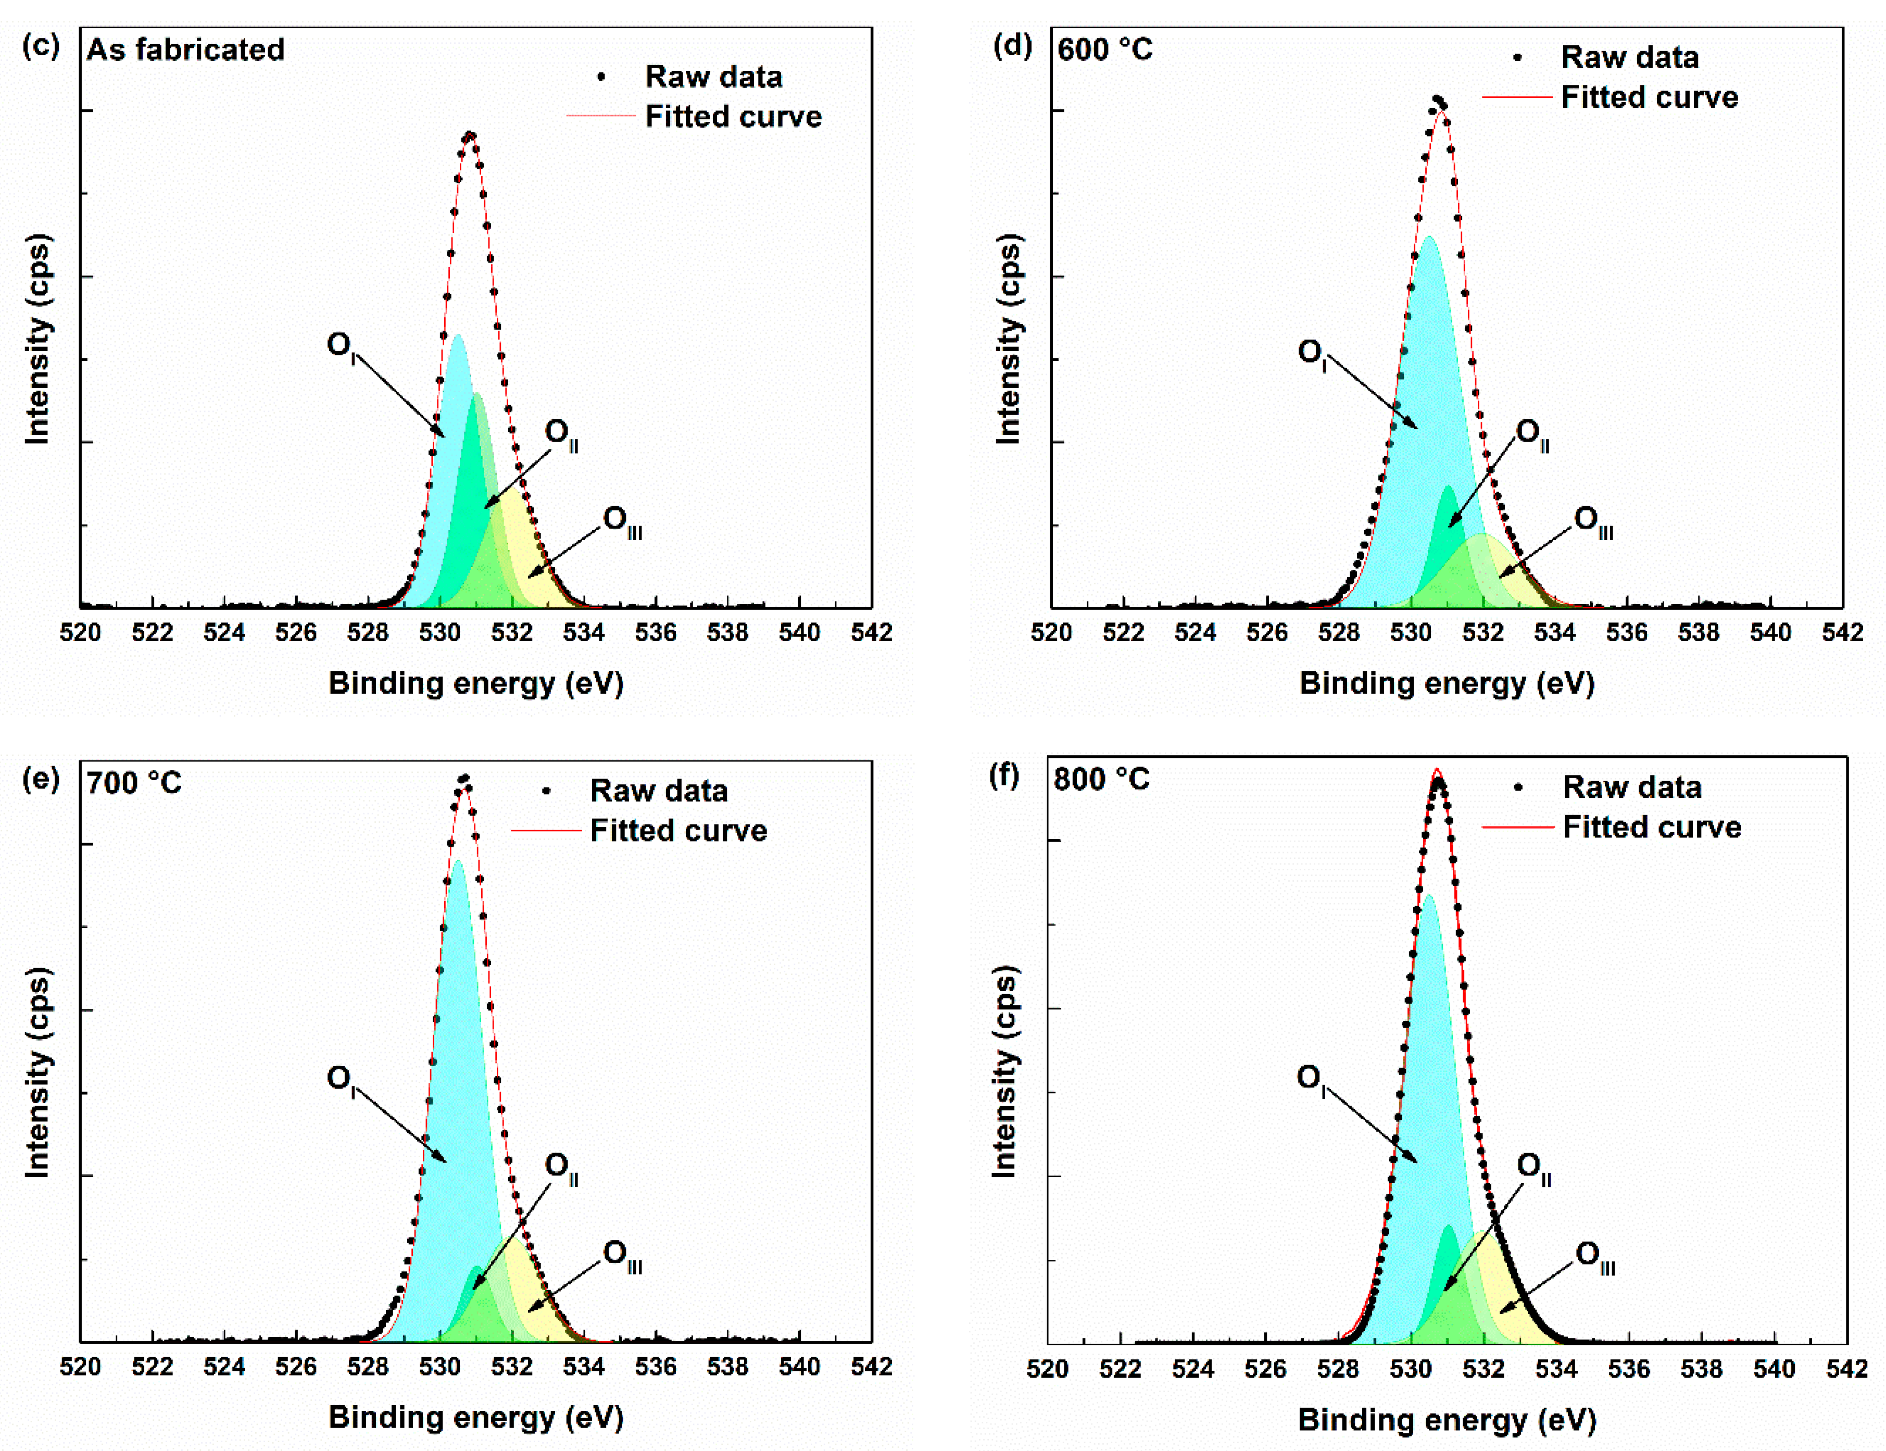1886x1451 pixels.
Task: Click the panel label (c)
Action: coord(41,46)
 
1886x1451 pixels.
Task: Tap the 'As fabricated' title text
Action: coord(186,50)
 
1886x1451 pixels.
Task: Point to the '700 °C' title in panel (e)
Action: coord(134,783)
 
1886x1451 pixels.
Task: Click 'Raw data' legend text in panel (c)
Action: coord(713,77)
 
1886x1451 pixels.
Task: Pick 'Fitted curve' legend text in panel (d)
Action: coord(1650,97)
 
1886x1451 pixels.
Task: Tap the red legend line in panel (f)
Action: coord(1517,828)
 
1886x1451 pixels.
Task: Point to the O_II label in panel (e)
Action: coord(561,1168)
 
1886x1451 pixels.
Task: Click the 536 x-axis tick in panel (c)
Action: coord(656,633)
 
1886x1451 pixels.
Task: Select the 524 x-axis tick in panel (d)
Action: coord(1195,633)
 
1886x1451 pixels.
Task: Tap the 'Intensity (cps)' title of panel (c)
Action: coord(38,339)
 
